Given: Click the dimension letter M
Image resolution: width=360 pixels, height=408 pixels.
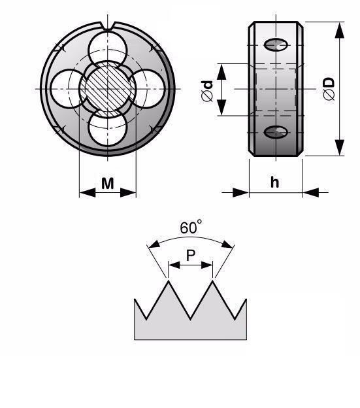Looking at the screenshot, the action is click(x=108, y=183).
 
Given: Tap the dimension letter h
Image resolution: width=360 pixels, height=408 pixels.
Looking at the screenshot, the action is click(x=275, y=182).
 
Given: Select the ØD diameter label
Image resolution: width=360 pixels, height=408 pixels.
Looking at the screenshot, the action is click(x=329, y=88).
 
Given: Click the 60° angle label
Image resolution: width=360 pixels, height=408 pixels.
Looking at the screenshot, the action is click(x=191, y=227).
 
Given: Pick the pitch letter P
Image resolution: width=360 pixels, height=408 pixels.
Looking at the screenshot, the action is click(x=191, y=255).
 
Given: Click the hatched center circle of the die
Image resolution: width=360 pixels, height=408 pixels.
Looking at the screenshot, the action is click(x=108, y=89).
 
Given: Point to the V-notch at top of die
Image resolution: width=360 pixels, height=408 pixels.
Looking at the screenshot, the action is click(x=108, y=26).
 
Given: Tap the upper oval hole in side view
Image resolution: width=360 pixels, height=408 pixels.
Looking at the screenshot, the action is click(x=276, y=44).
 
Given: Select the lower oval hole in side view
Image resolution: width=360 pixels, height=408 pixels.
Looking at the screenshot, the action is click(x=276, y=132).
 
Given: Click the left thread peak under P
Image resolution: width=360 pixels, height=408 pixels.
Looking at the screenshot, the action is click(x=169, y=281).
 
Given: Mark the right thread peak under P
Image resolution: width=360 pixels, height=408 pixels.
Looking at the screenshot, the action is click(x=213, y=281).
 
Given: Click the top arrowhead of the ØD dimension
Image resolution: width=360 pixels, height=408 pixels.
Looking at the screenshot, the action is click(x=339, y=30).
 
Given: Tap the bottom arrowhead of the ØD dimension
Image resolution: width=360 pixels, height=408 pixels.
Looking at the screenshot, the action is click(x=339, y=148).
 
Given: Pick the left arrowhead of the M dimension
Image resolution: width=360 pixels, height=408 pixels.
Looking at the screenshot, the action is click(x=88, y=193).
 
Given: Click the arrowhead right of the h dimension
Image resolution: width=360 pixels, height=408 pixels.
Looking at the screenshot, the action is click(x=311, y=192).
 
